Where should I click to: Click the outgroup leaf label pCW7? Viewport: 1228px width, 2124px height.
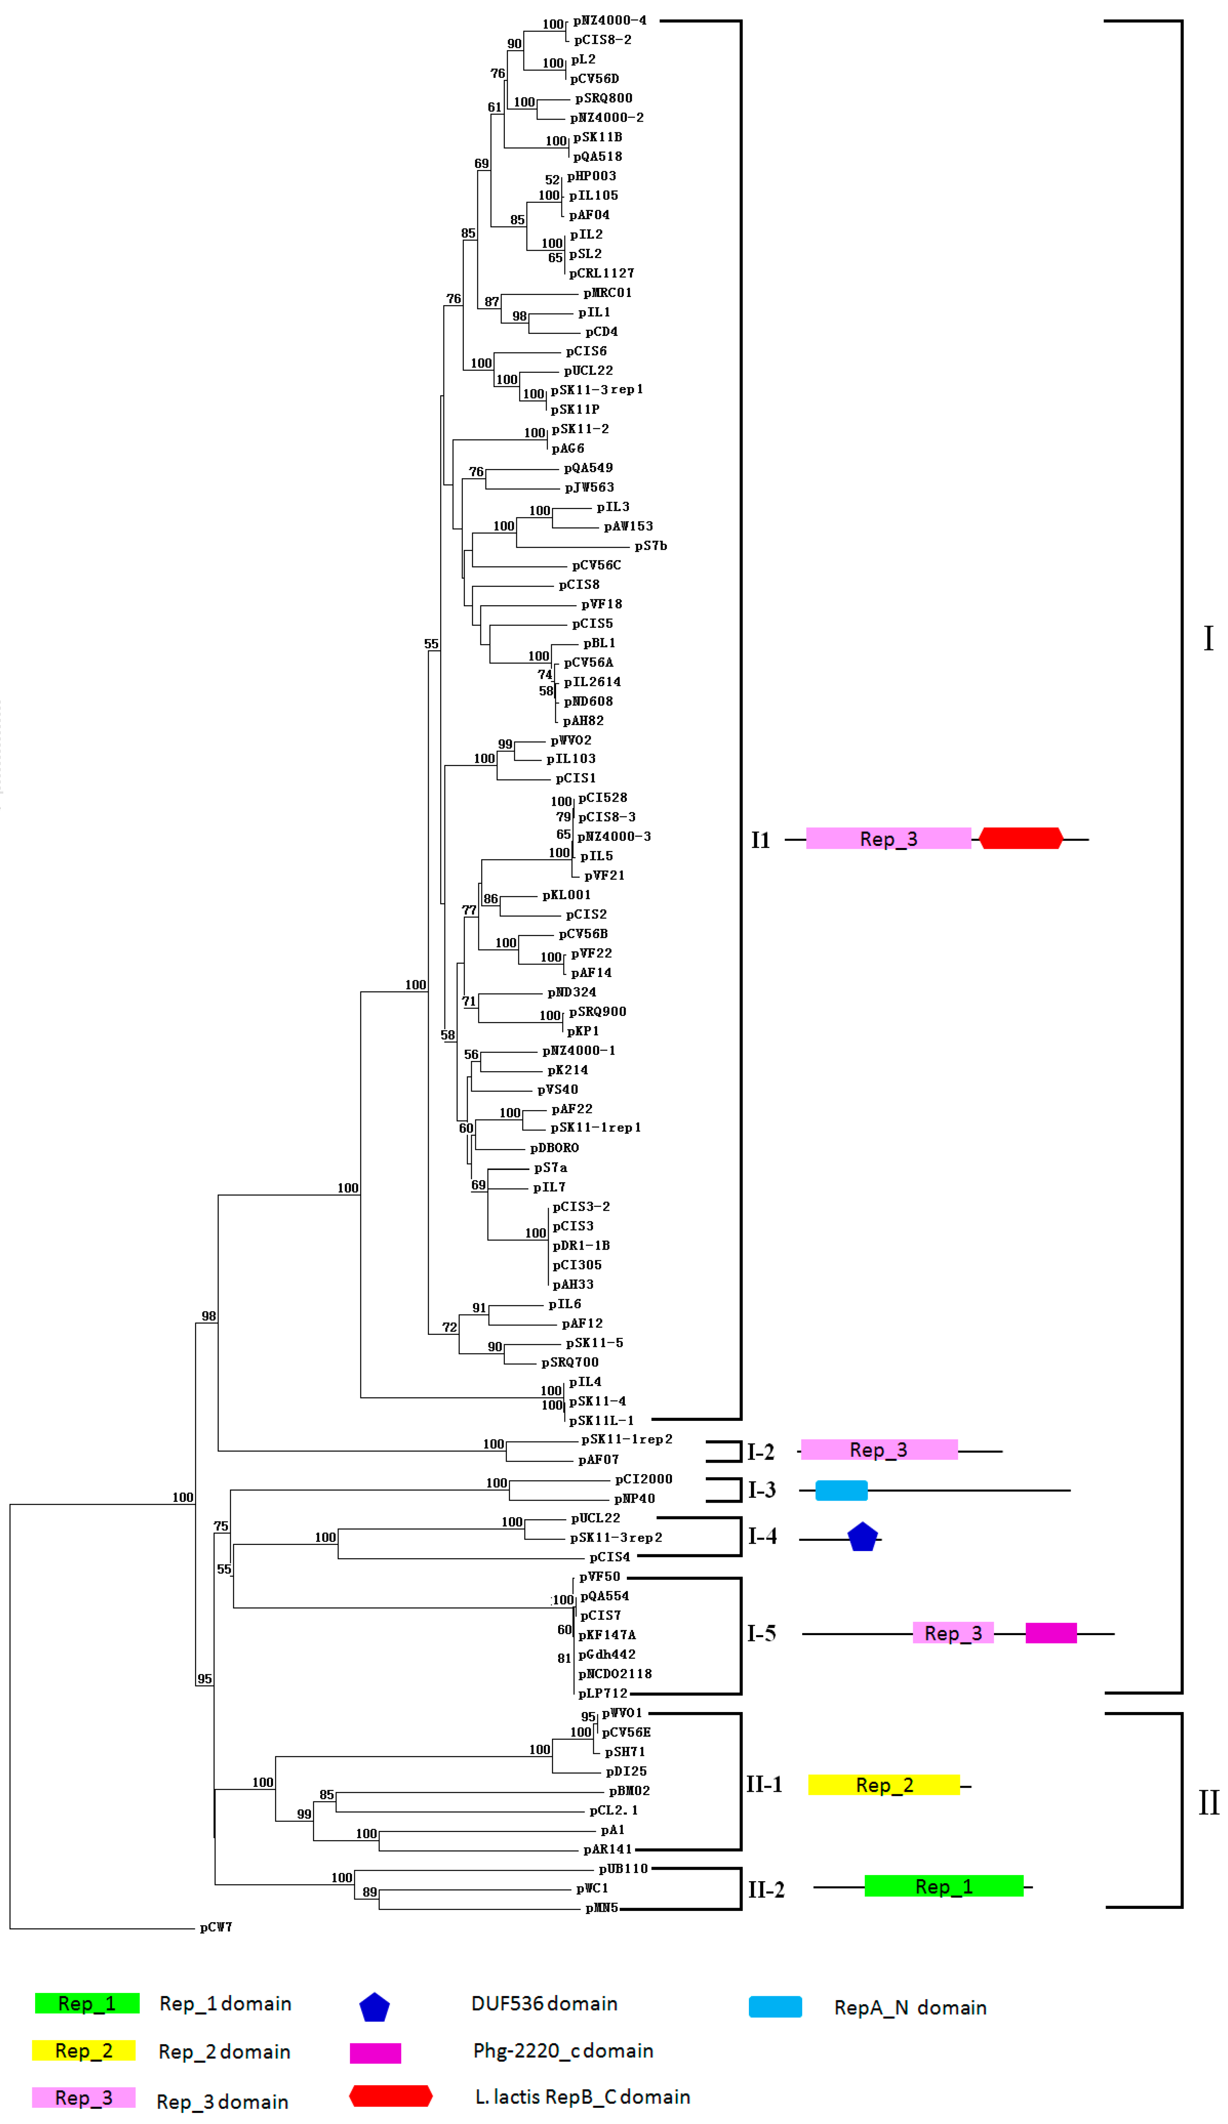[x=216, y=1927]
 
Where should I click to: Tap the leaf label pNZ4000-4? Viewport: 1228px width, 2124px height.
[x=609, y=20]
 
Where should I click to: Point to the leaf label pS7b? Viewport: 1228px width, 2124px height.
[x=651, y=545]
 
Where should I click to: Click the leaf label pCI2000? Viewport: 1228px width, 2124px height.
[x=643, y=1478]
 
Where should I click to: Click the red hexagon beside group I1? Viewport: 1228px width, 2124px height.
[x=1020, y=839]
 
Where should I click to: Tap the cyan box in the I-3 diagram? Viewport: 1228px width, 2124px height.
[x=841, y=1490]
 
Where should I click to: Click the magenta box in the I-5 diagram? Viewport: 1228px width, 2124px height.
[x=1050, y=1633]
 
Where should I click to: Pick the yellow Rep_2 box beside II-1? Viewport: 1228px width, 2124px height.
[x=883, y=1784]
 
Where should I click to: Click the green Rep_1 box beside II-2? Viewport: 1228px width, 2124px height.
[x=943, y=1885]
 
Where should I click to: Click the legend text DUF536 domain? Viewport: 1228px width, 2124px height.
[x=544, y=2004]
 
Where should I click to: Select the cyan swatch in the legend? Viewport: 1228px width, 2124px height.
[x=775, y=2007]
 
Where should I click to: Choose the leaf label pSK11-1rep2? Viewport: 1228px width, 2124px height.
[x=626, y=1439]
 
